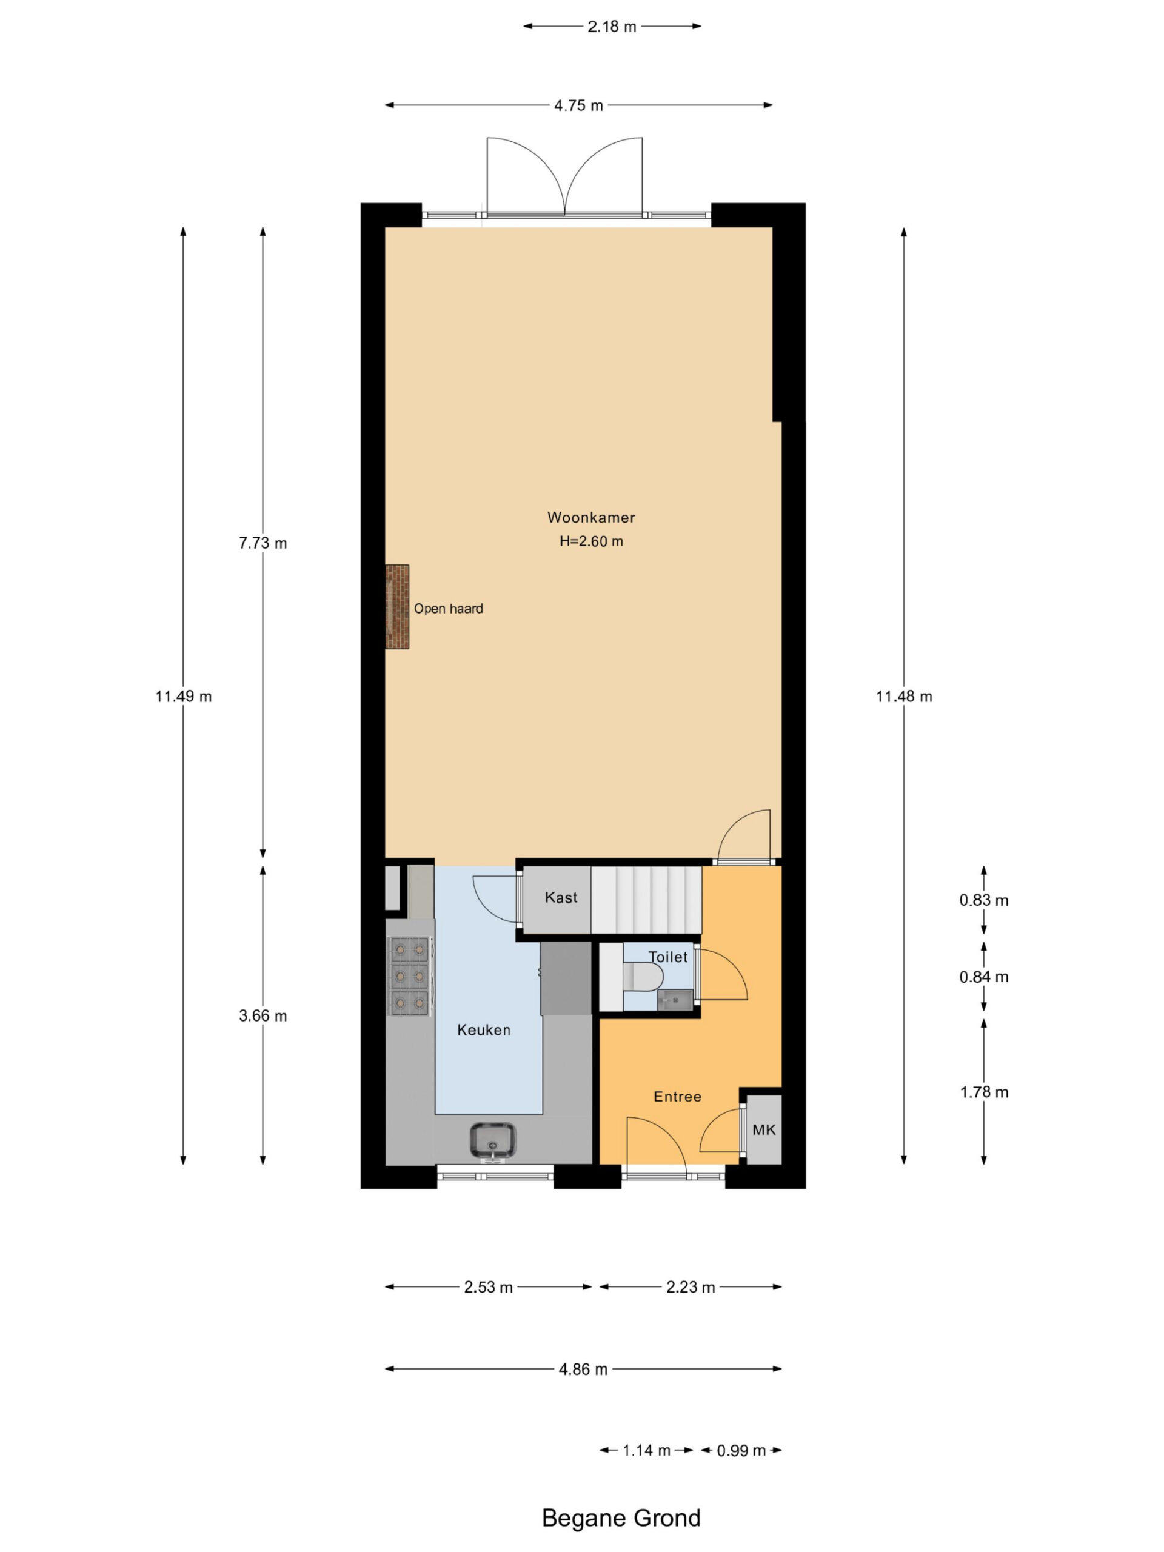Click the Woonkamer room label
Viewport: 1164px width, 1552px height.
(590, 517)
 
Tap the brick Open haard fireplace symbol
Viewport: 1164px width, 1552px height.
(396, 606)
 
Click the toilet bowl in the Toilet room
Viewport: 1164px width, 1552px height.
(643, 976)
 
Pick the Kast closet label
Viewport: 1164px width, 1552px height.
(561, 897)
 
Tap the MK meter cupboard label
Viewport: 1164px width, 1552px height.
(764, 1129)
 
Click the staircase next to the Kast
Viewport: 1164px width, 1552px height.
(646, 900)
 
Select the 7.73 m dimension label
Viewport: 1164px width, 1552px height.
(263, 543)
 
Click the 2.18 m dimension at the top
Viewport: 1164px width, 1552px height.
(612, 27)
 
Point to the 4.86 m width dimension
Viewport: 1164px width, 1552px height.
(583, 1369)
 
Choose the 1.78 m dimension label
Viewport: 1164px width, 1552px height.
(984, 1092)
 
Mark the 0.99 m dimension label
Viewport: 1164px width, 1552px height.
(741, 1450)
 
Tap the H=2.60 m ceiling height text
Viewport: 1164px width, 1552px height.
(590, 541)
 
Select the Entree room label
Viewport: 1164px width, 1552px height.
(677, 1097)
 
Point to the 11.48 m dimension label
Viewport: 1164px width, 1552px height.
(904, 697)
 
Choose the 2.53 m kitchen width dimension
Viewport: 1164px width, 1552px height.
(488, 1287)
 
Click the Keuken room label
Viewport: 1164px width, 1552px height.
(483, 1030)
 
